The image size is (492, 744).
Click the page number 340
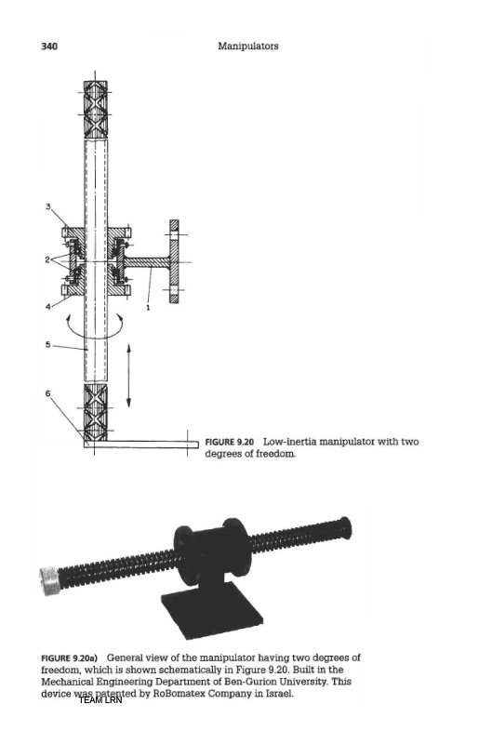(x=49, y=46)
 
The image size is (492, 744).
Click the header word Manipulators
(x=248, y=46)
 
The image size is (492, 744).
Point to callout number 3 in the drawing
(x=48, y=206)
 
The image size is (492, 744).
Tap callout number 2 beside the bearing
(x=47, y=259)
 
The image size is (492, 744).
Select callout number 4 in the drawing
(x=48, y=307)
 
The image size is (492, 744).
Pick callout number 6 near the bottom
(x=48, y=393)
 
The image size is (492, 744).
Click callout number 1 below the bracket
(x=148, y=308)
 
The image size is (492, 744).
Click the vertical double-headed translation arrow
(x=128, y=376)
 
